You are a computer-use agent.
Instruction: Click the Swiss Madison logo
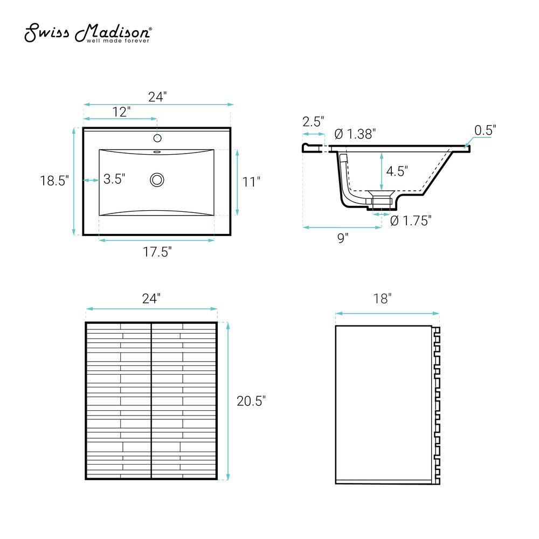point(88,33)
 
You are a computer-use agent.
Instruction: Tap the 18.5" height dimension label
point(54,181)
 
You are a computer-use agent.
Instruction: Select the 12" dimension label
point(122,112)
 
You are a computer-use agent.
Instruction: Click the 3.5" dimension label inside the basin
point(114,179)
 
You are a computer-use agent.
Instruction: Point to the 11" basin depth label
point(251,182)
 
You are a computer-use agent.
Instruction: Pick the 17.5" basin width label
point(157,252)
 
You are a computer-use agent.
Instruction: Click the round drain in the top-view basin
point(157,180)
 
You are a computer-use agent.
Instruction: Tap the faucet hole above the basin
point(157,138)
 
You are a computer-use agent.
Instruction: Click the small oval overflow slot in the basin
point(157,151)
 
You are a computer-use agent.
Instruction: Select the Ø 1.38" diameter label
point(355,134)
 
